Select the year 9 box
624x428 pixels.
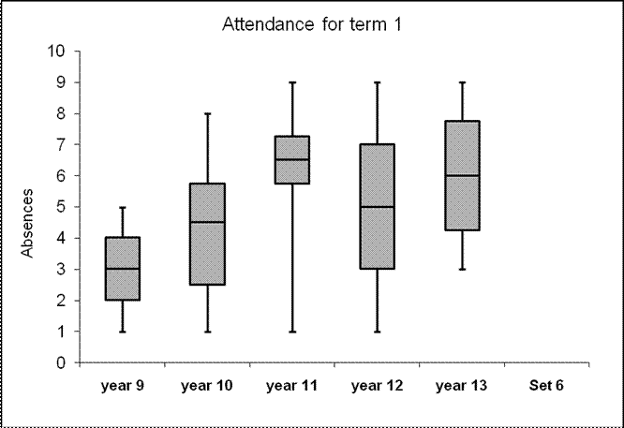[x=122, y=269]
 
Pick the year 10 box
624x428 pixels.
[x=207, y=234]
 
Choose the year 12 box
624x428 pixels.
[x=378, y=206]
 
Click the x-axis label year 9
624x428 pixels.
[x=122, y=384]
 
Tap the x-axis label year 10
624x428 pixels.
[x=207, y=384]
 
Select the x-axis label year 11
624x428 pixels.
[x=292, y=384]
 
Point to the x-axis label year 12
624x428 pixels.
[x=378, y=384]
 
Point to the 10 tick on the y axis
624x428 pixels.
[x=58, y=51]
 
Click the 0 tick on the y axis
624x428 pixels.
[x=62, y=363]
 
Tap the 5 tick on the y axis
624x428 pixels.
[x=62, y=207]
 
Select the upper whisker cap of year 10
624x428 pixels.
[x=207, y=113]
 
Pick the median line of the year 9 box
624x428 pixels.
[x=122, y=269]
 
